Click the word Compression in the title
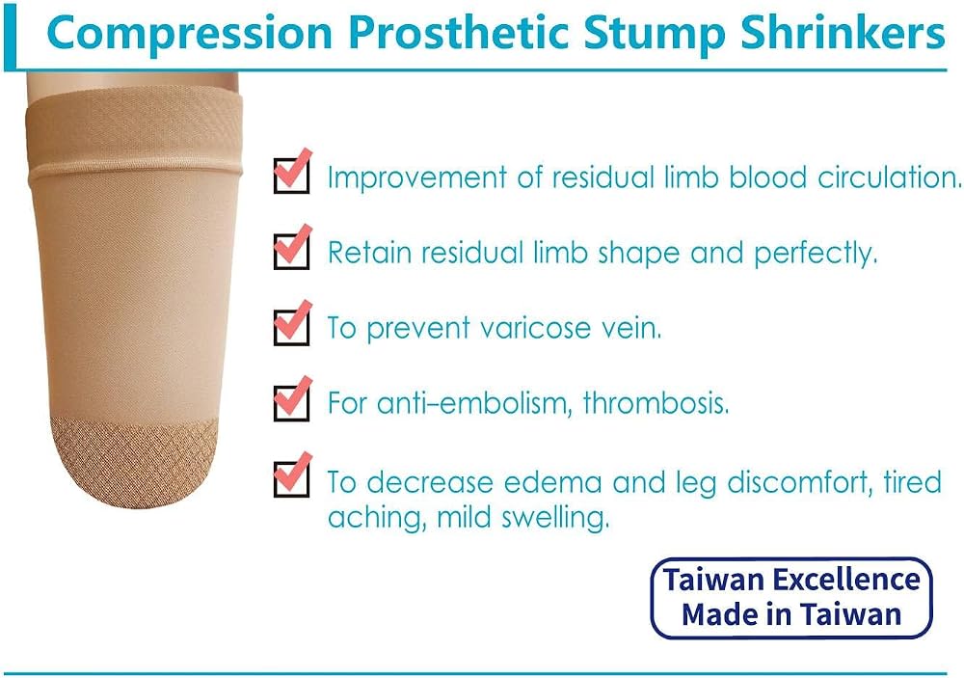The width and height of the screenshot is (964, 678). (x=189, y=34)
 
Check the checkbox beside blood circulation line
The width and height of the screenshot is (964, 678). (x=291, y=176)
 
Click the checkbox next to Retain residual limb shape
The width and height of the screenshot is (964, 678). (x=291, y=251)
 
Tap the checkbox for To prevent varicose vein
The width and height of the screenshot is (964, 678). (x=291, y=327)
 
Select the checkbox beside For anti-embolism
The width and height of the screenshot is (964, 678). (x=291, y=402)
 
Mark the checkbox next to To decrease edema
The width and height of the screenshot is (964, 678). (x=291, y=478)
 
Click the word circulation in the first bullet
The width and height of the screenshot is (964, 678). (x=889, y=177)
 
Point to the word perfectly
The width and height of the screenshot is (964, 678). (x=816, y=254)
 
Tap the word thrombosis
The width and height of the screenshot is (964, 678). (x=656, y=403)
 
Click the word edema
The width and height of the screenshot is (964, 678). (x=552, y=482)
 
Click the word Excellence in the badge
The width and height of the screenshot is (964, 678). (x=846, y=580)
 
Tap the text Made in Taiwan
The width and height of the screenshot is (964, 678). (x=791, y=614)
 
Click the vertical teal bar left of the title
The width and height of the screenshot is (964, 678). (x=10, y=35)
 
